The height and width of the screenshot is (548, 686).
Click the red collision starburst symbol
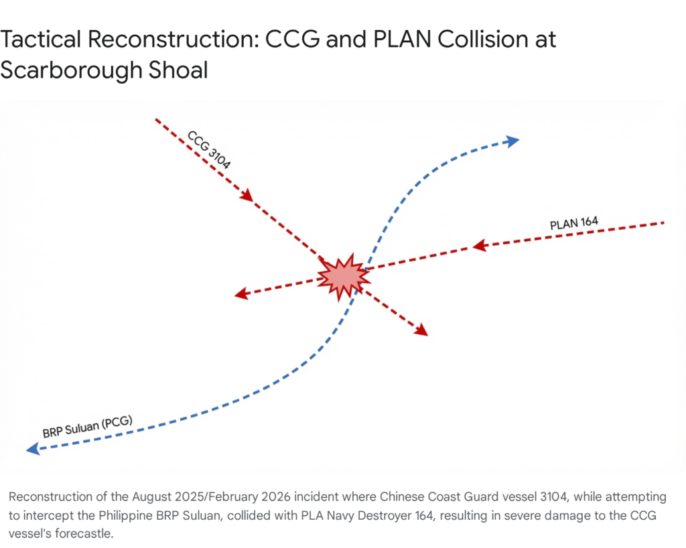click(x=342, y=276)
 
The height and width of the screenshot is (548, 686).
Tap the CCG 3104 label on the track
click(x=208, y=150)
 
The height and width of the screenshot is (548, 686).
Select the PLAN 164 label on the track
click(x=573, y=224)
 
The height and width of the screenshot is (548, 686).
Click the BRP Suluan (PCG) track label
click(x=87, y=426)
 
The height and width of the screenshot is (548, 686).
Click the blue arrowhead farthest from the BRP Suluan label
click(x=512, y=141)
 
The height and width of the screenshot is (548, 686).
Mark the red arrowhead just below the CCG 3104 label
click(x=247, y=195)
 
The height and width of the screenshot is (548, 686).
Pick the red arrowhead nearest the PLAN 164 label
click(x=479, y=246)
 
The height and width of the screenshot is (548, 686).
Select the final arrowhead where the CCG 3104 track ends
click(x=421, y=330)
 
